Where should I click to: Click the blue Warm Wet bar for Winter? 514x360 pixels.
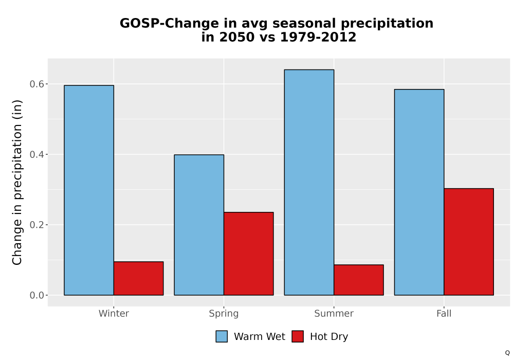89,190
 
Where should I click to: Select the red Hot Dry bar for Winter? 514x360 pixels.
138,278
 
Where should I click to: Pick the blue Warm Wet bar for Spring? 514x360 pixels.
199,225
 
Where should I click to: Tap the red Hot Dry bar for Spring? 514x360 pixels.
248,254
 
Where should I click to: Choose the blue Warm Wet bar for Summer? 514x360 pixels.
309,182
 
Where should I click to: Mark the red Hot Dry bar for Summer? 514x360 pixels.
359,280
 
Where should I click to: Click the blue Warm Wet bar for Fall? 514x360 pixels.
419,192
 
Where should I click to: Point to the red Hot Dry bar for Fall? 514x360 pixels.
469,242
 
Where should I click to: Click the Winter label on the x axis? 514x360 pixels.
114,313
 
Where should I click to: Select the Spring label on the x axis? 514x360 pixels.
224,314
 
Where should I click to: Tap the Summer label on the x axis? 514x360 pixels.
334,313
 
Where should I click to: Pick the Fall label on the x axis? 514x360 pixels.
444,313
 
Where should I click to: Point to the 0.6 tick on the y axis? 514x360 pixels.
36,84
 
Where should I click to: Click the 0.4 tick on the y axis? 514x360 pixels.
36,154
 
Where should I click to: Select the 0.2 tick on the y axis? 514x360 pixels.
36,225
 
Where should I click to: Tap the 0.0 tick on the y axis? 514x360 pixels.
36,295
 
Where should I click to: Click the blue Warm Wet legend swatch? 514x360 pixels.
222,336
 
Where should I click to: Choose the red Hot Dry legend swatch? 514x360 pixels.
298,336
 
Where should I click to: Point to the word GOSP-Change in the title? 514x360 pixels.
169,24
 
